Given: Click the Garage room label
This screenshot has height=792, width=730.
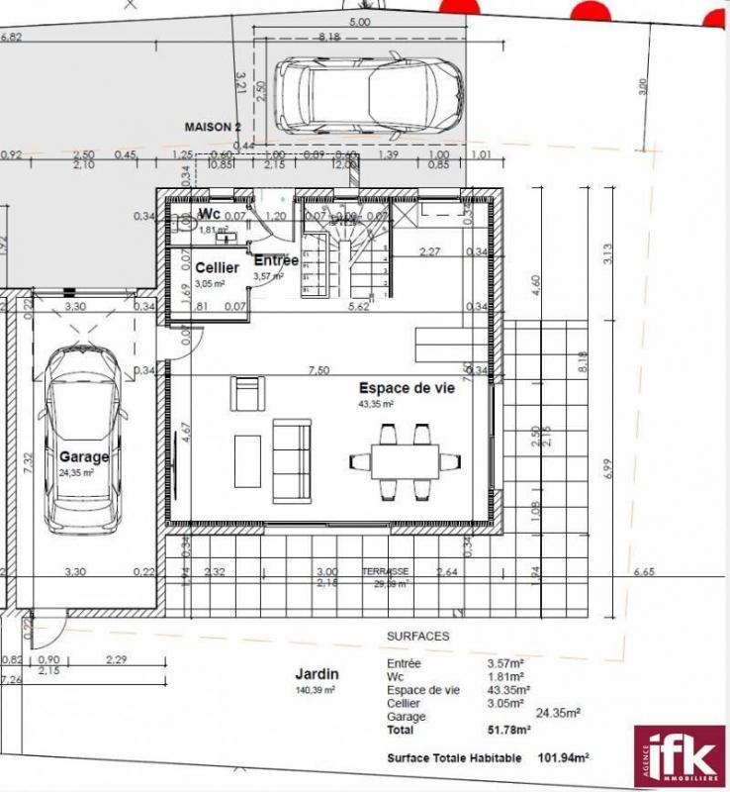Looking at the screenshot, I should click(x=83, y=456).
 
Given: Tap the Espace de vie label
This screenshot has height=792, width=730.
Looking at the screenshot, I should click(x=407, y=389).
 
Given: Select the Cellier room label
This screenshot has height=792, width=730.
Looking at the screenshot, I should click(x=217, y=267).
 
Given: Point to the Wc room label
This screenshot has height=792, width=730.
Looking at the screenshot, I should click(x=209, y=214).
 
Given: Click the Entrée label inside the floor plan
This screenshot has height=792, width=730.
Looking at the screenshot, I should click(x=276, y=260).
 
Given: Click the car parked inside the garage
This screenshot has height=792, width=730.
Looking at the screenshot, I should click(x=84, y=436).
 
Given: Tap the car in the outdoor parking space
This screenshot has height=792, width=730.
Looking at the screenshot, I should click(x=368, y=91).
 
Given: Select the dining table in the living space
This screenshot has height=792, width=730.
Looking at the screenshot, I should click(x=406, y=460).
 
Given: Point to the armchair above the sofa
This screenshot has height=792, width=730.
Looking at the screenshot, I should click(x=247, y=393).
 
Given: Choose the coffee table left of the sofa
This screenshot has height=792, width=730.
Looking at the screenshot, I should click(x=247, y=460).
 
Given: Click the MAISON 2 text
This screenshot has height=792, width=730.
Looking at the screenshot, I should click(x=213, y=127).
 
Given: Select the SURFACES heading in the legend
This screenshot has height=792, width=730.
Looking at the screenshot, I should click(x=417, y=636).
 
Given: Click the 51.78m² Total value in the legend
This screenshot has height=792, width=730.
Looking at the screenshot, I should click(x=508, y=730).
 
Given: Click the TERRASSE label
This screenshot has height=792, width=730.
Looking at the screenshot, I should click(x=386, y=572).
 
